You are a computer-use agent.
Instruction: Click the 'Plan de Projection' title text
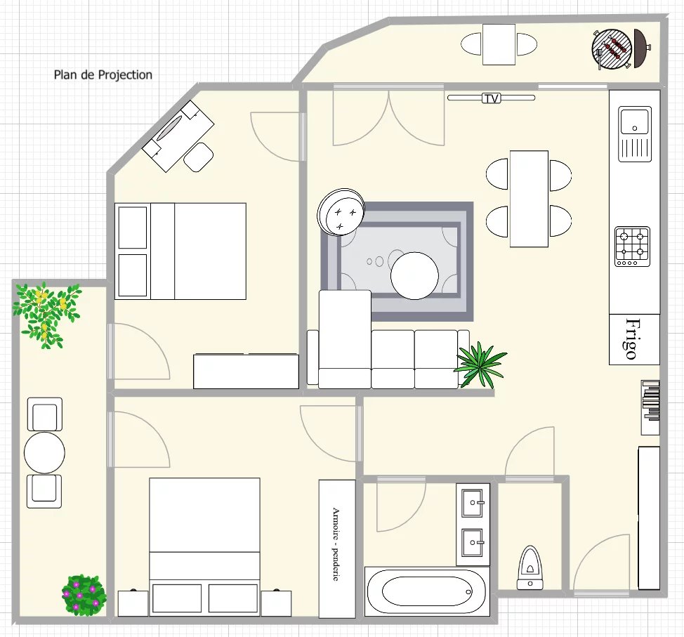click(x=103, y=75)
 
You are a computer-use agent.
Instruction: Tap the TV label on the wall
click(x=491, y=98)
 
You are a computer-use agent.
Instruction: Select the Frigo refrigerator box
click(x=634, y=339)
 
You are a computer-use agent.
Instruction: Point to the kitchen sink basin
click(x=635, y=122)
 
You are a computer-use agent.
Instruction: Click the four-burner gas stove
click(x=633, y=247)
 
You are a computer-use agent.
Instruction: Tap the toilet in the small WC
click(x=530, y=567)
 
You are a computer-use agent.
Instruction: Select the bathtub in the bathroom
click(x=427, y=591)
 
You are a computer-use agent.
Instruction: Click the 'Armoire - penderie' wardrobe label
click(x=336, y=544)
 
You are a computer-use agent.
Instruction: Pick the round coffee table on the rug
click(x=414, y=276)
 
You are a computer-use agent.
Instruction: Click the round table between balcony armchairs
click(x=44, y=452)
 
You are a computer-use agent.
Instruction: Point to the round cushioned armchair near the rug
click(x=341, y=212)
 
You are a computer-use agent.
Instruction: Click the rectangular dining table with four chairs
click(x=529, y=199)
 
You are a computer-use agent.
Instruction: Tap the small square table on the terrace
click(x=499, y=44)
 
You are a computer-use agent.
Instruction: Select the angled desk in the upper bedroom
click(x=178, y=136)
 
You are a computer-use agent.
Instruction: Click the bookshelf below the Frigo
click(x=650, y=407)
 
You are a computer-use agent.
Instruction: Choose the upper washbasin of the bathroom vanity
click(x=473, y=503)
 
